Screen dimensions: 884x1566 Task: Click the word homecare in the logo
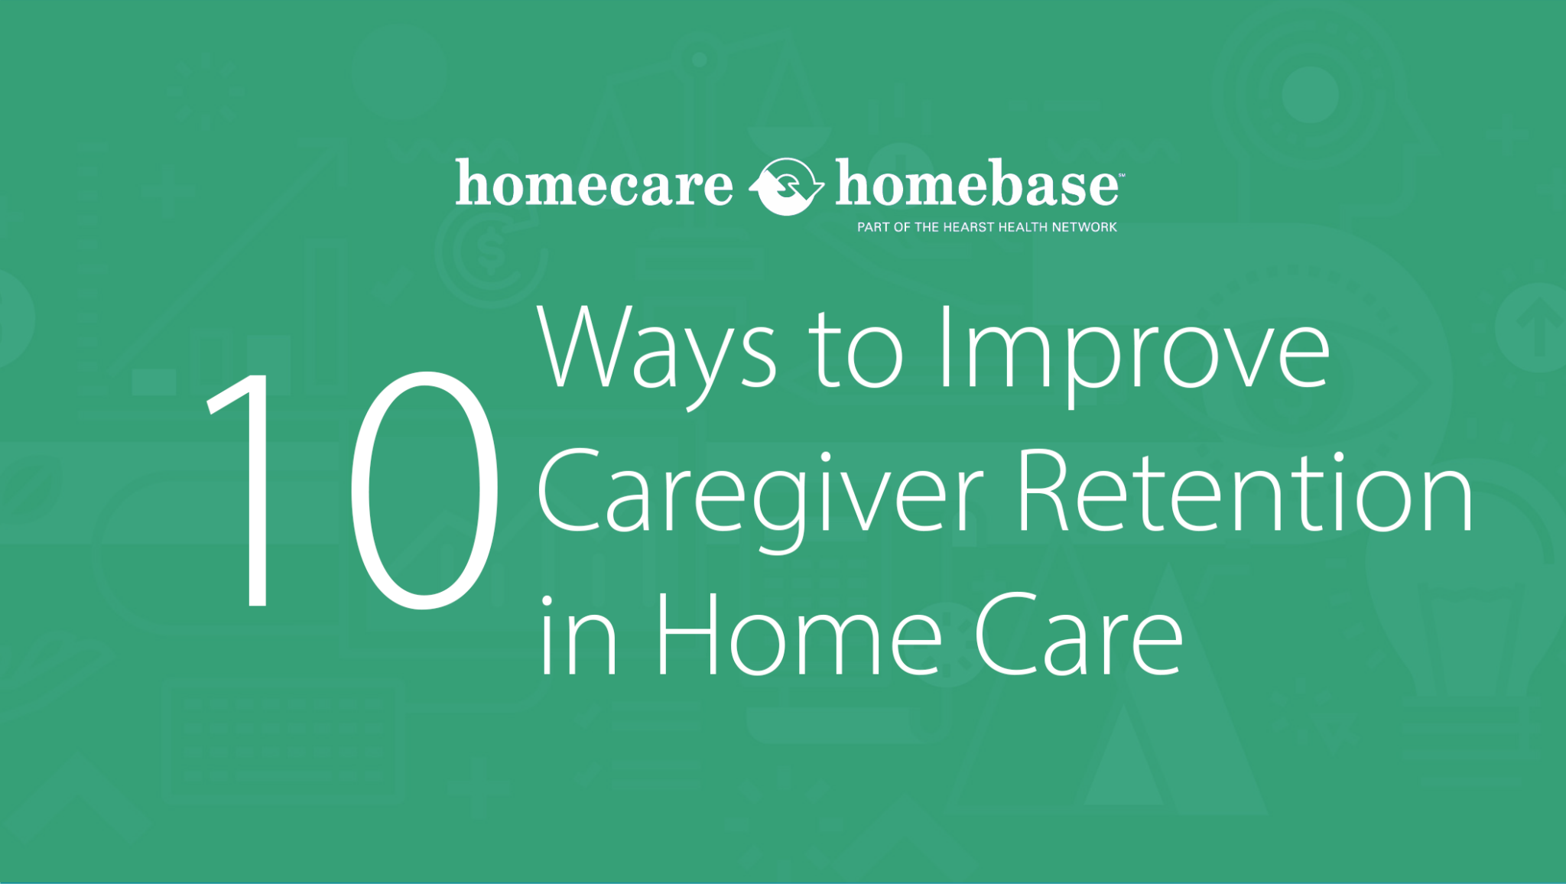[x=594, y=184]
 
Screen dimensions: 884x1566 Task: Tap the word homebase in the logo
[x=976, y=184]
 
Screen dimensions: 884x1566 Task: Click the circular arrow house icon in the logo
[x=786, y=186]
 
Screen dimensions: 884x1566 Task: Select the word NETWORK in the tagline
[x=1084, y=227]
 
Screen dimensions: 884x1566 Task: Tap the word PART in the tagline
[x=874, y=227]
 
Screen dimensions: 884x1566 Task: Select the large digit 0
[x=424, y=489]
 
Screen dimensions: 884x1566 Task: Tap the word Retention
[x=1245, y=491]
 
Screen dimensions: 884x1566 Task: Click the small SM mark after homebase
[x=1121, y=175]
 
